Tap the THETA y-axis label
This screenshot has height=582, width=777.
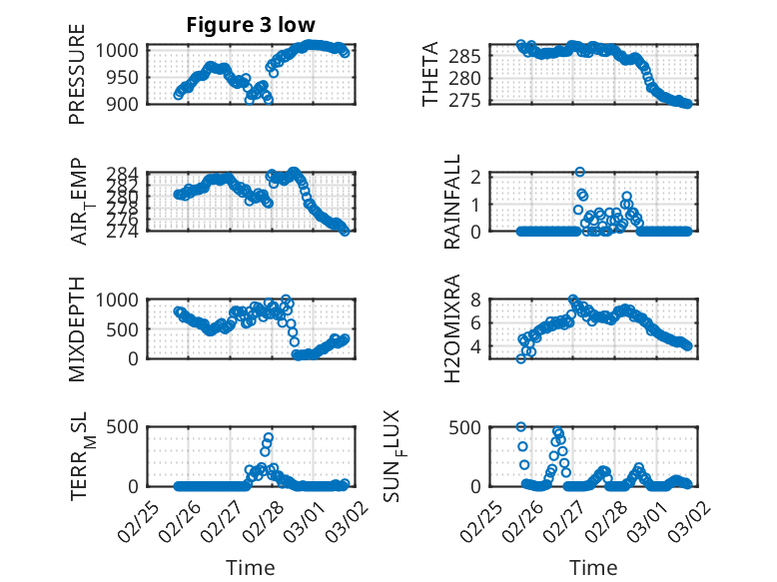(429, 75)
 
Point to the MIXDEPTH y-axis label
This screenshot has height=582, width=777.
(77, 328)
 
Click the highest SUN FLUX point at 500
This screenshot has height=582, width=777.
(521, 427)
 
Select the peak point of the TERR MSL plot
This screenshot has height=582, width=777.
(269, 436)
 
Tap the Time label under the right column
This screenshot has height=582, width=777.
(593, 567)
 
